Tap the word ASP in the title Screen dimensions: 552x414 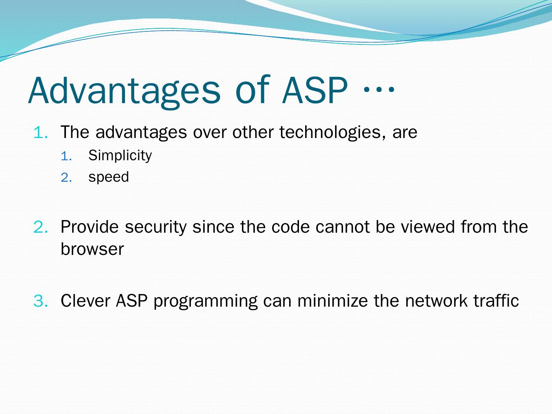pyautogui.click(x=315, y=90)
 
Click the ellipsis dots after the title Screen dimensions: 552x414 pyautogui.click(x=379, y=89)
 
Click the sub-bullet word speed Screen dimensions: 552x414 pyautogui.click(x=108, y=177)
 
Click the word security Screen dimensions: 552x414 pyautogui.click(x=156, y=227)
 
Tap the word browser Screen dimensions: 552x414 pyautogui.click(x=92, y=249)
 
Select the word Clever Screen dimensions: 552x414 pyautogui.click(x=85, y=301)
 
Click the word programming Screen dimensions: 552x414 pyautogui.click(x=205, y=301)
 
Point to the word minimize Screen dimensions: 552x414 pyautogui.click(x=333, y=301)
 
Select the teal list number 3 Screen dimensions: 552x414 pyautogui.click(x=40, y=301)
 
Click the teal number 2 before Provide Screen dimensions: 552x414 pyautogui.click(x=40, y=227)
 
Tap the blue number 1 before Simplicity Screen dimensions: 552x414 pyautogui.click(x=66, y=156)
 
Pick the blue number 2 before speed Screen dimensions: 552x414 pyautogui.click(x=66, y=178)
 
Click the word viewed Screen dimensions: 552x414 pyautogui.click(x=427, y=227)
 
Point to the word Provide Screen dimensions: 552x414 pyautogui.click(x=90, y=227)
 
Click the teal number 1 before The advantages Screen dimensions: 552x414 pyautogui.click(x=40, y=133)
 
